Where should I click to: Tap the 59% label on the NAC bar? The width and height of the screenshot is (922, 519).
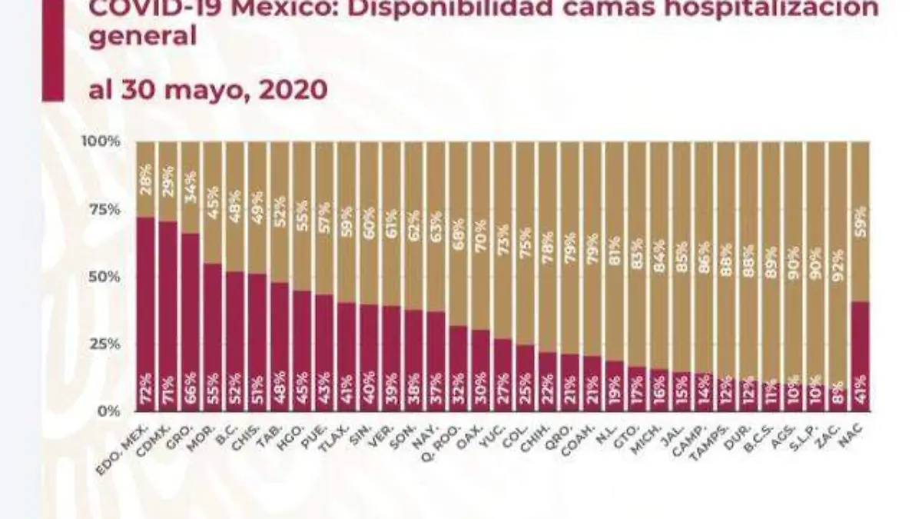tap(862, 221)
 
